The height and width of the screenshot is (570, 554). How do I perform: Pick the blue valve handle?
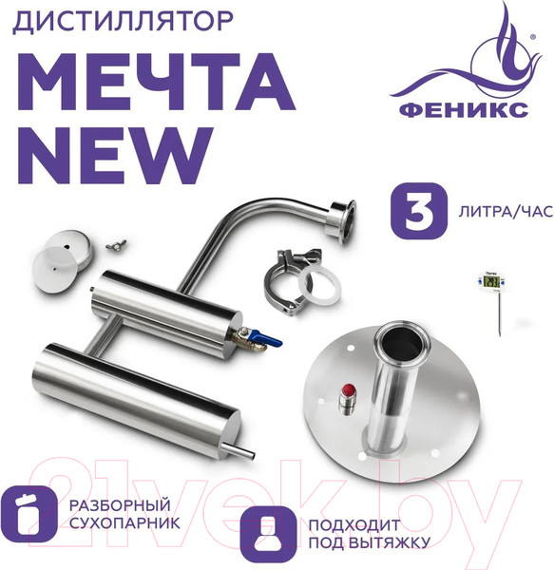click(x=272, y=338)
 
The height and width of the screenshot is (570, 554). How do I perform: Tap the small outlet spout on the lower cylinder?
click(x=244, y=452)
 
